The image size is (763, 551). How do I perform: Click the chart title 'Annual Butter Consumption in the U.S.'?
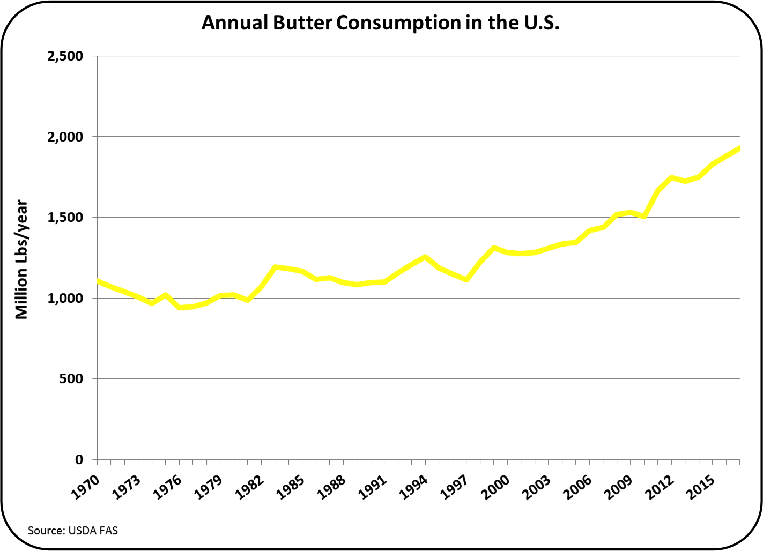(x=380, y=23)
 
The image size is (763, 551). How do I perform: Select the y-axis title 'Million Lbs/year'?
(x=21, y=259)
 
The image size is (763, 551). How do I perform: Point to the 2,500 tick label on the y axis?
(x=65, y=56)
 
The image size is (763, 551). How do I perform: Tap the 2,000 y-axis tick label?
(x=65, y=137)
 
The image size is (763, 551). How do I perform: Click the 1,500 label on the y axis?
(x=65, y=218)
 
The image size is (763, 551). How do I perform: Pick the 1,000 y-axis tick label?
(x=65, y=298)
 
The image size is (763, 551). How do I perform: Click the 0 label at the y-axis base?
(x=79, y=459)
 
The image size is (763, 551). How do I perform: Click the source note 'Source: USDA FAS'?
(x=72, y=531)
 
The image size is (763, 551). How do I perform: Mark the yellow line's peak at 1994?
(x=425, y=257)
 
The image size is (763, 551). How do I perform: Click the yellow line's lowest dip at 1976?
(x=180, y=308)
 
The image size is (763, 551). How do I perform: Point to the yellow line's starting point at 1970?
(x=98, y=281)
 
